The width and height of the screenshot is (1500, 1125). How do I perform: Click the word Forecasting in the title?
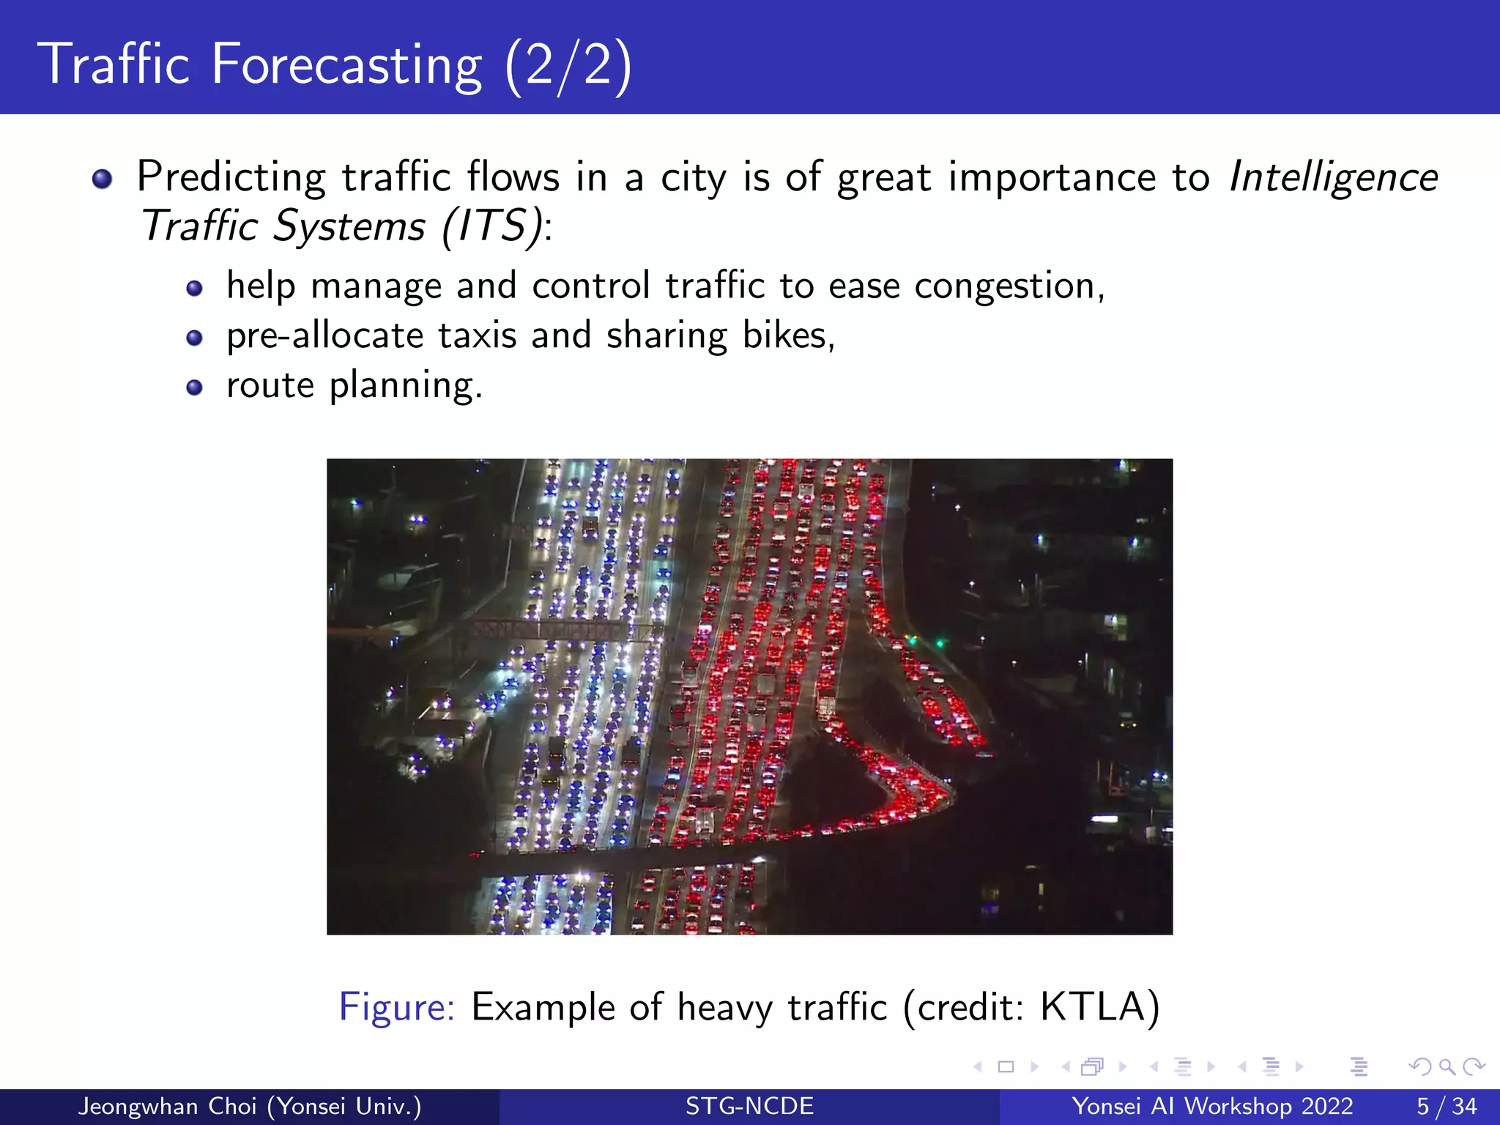(x=346, y=64)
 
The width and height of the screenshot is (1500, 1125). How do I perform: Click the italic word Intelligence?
(x=1333, y=178)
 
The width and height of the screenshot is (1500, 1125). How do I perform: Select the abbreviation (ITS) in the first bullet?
(x=494, y=226)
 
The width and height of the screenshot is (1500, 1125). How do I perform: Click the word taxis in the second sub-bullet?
(x=478, y=335)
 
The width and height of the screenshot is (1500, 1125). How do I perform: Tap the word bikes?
(x=787, y=335)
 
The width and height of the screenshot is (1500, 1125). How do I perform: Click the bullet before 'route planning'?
(x=194, y=387)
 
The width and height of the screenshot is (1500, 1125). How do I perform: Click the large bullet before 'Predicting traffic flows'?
(x=103, y=179)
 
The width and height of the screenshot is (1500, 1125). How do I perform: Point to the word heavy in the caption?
(x=724, y=1008)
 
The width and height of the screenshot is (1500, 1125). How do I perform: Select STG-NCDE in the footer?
(x=749, y=1106)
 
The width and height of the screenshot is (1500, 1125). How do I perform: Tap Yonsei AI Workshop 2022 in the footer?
(x=1212, y=1106)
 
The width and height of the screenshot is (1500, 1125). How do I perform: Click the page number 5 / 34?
(x=1446, y=1106)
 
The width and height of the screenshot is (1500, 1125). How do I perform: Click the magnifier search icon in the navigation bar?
(x=1447, y=1066)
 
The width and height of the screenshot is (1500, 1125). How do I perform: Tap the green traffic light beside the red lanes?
(x=938, y=643)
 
